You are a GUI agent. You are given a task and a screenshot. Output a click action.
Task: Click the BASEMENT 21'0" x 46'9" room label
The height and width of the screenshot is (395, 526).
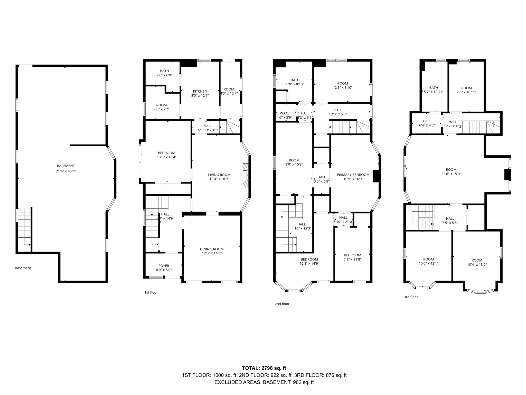66,168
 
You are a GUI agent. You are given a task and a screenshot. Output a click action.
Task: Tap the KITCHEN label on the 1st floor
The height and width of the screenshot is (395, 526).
200,93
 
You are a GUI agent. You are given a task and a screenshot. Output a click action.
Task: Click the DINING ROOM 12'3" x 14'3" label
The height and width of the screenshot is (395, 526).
212,251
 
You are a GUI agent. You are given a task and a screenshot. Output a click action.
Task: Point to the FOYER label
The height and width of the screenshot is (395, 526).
164,268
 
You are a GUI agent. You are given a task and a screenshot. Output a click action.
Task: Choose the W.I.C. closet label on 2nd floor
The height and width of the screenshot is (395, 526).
284,115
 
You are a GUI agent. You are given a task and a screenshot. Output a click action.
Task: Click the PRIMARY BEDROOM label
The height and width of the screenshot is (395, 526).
353,177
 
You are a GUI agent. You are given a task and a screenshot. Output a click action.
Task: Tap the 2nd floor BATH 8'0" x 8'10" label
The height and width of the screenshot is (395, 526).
295,82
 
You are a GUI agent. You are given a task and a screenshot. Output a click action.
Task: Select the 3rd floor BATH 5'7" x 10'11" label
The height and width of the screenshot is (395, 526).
434,90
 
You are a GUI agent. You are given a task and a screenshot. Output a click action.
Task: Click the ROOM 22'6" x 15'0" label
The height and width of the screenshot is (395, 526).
451,172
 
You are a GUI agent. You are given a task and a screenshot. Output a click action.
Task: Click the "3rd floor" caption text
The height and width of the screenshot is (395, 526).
411,297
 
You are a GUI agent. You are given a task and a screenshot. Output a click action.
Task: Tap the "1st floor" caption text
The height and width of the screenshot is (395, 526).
151,292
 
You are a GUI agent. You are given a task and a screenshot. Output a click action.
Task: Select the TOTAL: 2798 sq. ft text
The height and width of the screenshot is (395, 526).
264,368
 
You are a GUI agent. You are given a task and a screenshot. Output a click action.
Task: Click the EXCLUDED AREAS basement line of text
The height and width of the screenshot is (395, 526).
264,382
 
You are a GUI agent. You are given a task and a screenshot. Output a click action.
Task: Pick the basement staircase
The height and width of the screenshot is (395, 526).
24,226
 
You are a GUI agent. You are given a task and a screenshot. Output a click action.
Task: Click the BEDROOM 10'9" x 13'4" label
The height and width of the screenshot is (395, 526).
166,155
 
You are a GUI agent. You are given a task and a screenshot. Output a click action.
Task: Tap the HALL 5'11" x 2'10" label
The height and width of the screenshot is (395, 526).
208,128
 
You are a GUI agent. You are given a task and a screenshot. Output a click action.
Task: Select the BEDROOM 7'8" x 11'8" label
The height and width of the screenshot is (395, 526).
352,257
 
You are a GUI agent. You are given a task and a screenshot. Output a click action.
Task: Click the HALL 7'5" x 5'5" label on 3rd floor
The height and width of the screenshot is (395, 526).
450,221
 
